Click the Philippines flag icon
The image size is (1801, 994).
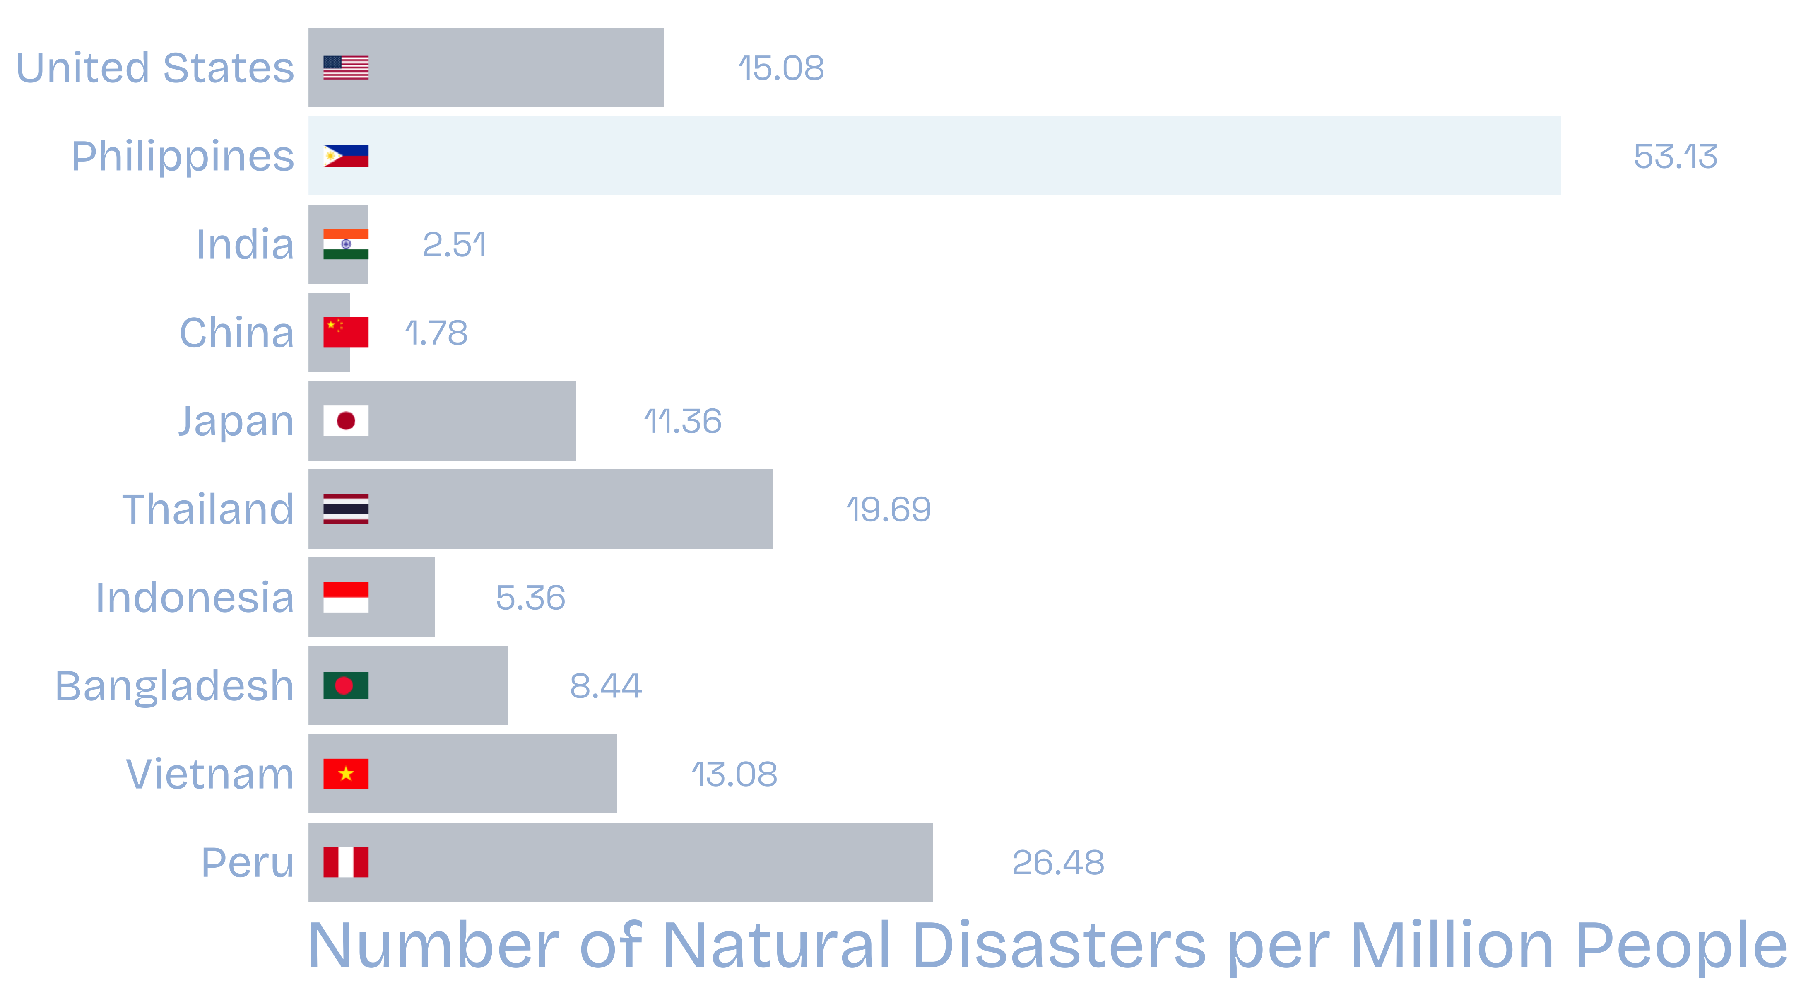pos(345,156)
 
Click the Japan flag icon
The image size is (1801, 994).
pos(345,420)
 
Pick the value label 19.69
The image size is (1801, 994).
pos(888,509)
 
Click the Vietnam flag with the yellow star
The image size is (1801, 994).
pos(345,774)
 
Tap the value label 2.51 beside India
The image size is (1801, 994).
pos(454,245)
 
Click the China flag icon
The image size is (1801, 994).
pos(345,332)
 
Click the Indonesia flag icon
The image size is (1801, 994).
pos(345,597)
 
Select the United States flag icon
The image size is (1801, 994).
pos(345,68)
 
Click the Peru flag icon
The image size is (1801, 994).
pos(345,862)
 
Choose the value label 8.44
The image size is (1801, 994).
pos(605,686)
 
